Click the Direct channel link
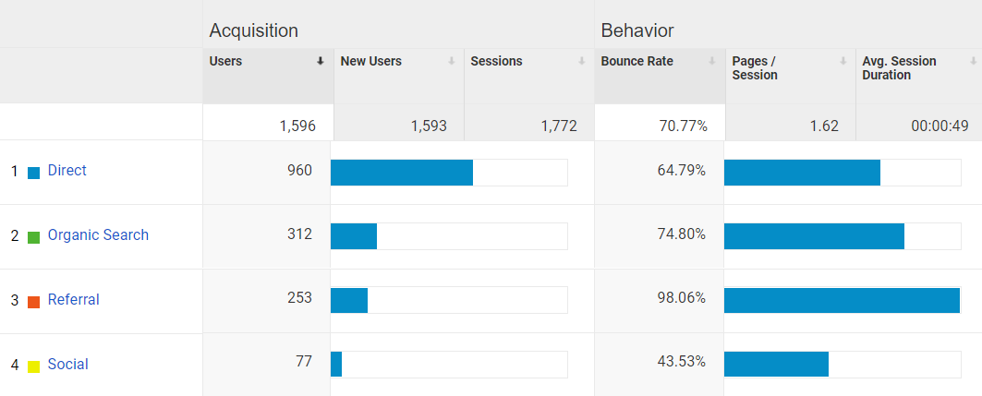pyautogui.click(x=67, y=171)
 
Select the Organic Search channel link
pyautogui.click(x=98, y=235)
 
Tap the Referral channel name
pyautogui.click(x=73, y=300)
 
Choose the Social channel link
pyautogui.click(x=67, y=365)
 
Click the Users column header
pyautogui.click(x=226, y=62)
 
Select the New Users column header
pyautogui.click(x=371, y=62)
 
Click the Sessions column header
pyautogui.click(x=496, y=62)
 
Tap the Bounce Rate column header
pyautogui.click(x=636, y=62)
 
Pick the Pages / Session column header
pyautogui.click(x=754, y=68)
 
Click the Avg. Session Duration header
pyautogui.click(x=899, y=68)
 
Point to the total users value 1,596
pyautogui.click(x=297, y=126)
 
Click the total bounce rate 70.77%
pyautogui.click(x=683, y=126)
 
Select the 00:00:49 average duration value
pyautogui.click(x=940, y=126)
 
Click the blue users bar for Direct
pyautogui.click(x=402, y=173)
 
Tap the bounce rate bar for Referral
pyautogui.click(x=842, y=301)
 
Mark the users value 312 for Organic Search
pyautogui.click(x=299, y=234)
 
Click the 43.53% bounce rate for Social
pyautogui.click(x=681, y=363)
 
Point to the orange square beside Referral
pyautogui.click(x=34, y=302)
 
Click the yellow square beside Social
pyautogui.click(x=34, y=366)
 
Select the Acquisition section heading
pyautogui.click(x=253, y=30)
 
